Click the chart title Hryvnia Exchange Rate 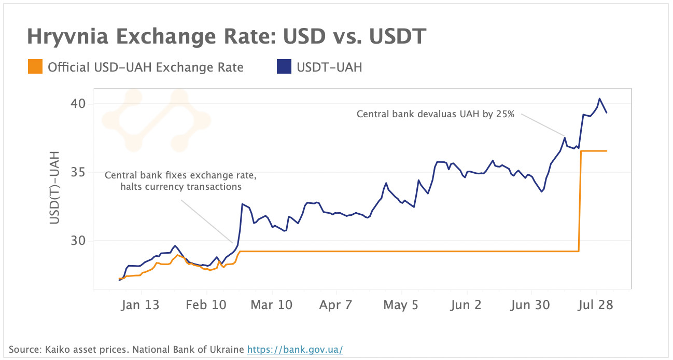click(227, 37)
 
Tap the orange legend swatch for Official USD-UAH click(35, 67)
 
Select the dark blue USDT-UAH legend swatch click(284, 67)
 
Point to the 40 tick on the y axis click(78, 104)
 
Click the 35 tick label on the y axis click(78, 172)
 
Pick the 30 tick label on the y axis click(78, 241)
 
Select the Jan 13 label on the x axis click(140, 305)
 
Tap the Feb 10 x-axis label click(206, 305)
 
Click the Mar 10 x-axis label click(272, 305)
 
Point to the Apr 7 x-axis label click(335, 305)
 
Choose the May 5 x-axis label click(401, 305)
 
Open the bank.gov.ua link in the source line click(295, 350)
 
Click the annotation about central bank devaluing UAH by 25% click(435, 114)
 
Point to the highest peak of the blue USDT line click(599, 99)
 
